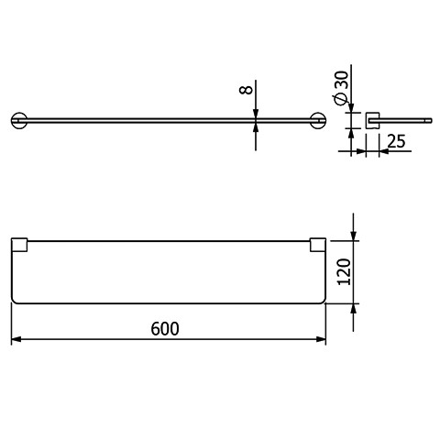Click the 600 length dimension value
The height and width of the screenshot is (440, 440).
tap(165, 329)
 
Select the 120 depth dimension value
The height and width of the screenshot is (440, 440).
tap(344, 271)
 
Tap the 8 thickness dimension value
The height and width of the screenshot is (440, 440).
tap(246, 90)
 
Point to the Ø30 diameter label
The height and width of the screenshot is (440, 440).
tap(341, 88)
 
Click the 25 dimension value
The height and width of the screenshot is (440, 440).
tap(397, 141)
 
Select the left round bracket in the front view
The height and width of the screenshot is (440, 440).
tap(19, 120)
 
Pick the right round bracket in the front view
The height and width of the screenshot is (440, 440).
tap(318, 120)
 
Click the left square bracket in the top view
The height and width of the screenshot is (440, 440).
tap(19, 245)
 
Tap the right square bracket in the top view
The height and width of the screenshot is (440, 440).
tap(318, 245)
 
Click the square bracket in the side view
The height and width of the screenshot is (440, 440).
tap(372, 120)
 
